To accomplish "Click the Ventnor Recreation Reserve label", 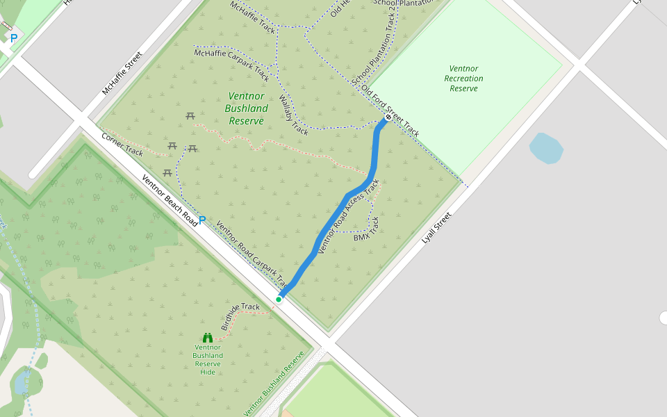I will tap(463, 79).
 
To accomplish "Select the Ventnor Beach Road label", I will tap(170, 198).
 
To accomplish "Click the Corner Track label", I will tap(122, 143).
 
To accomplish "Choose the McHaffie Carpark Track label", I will tap(231, 63).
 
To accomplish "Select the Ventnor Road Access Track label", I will tap(349, 216).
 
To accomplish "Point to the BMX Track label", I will tap(367, 229).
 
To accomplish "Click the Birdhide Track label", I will tap(240, 316).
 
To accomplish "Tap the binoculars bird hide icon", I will tap(207, 338).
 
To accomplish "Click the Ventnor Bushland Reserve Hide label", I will tap(208, 359).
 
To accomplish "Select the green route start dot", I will tap(279, 300).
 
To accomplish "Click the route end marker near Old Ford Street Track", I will tap(388, 118).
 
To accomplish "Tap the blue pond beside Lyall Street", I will tap(545, 148).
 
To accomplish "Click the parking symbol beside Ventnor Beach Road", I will tap(202, 220).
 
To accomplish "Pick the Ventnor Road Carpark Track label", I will tap(252, 254).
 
